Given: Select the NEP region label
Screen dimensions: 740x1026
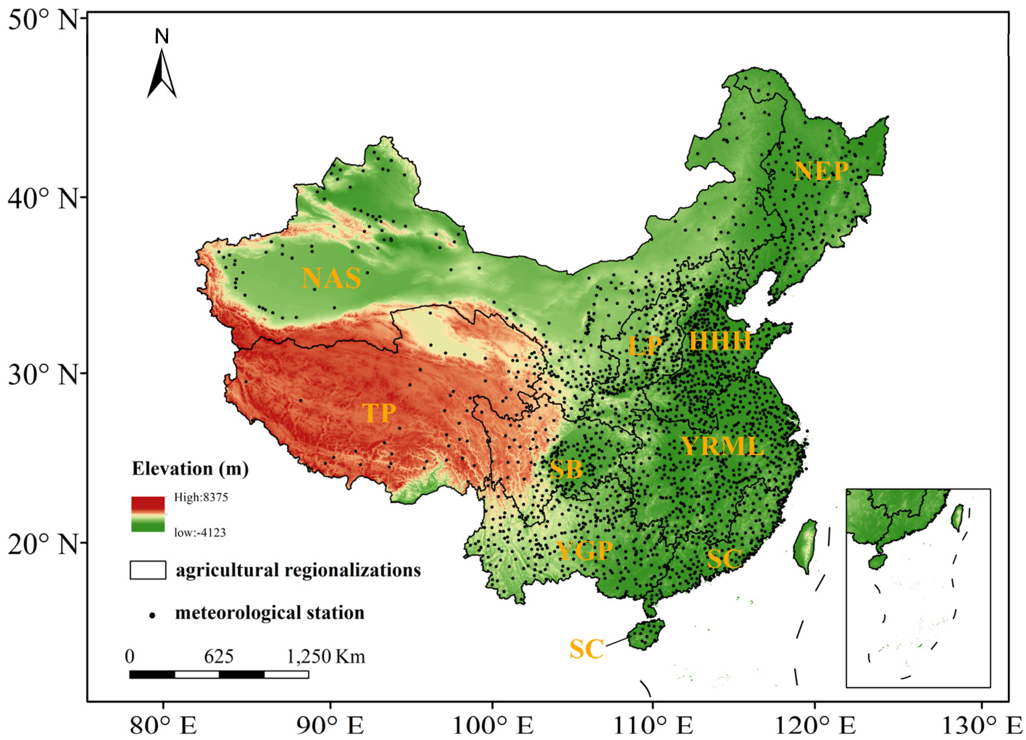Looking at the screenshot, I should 821,171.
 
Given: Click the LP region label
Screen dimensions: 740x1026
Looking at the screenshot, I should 645,346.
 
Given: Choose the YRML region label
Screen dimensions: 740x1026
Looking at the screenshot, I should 723,446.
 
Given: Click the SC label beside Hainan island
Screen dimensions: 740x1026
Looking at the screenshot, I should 586,649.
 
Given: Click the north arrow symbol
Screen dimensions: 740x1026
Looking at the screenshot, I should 162,72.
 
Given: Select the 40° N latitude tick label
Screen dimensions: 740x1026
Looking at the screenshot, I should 43,198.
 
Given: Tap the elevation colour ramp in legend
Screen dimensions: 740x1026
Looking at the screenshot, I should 148,514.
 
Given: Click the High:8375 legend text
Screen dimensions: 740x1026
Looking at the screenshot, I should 201,497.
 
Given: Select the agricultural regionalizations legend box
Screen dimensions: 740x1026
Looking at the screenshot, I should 148,570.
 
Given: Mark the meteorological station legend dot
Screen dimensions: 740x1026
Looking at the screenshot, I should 152,615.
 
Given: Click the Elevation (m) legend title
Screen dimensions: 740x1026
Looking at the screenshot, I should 190,468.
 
